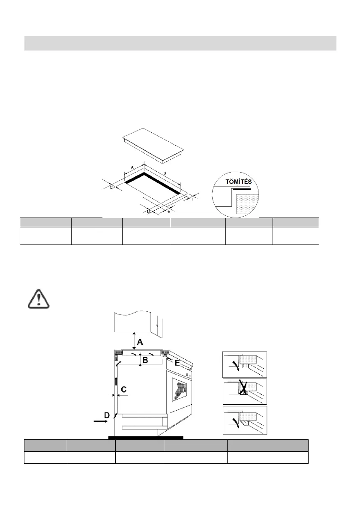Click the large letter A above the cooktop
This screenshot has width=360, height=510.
(140, 343)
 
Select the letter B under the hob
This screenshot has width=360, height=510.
(145, 361)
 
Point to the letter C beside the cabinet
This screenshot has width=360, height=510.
(123, 389)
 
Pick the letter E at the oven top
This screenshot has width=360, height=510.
(177, 362)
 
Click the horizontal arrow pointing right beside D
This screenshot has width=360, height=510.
(101, 421)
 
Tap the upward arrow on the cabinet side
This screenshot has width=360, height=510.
(116, 382)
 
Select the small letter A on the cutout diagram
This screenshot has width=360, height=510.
(132, 166)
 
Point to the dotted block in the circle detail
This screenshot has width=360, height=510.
(247, 203)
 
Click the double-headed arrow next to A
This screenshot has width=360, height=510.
(134, 341)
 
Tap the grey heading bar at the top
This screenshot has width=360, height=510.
(180, 43)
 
